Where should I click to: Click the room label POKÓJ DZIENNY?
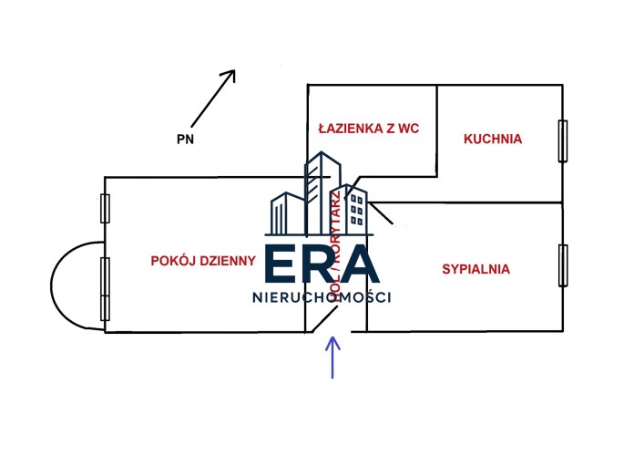pos(203,261)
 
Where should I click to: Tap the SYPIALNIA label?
pos(475,269)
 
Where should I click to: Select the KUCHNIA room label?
pos(492,140)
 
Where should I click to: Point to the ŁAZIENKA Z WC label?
pos(368,129)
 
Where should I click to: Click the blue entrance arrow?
pos(332,357)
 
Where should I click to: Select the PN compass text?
pos(185,140)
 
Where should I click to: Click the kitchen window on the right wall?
pos(563,141)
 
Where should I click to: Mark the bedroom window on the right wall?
pos(563,267)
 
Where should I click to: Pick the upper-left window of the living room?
pos(105,208)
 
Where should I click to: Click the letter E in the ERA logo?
pos(281,265)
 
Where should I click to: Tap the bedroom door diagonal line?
pos(383,214)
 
